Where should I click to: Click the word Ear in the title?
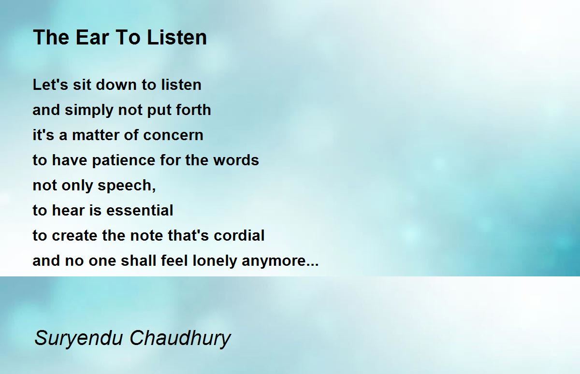click(92, 38)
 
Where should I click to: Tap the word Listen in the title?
click(177, 38)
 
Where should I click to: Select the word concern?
click(173, 135)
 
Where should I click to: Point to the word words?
click(236, 160)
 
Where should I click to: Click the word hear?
click(68, 210)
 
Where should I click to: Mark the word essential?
click(140, 210)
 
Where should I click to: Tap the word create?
click(75, 235)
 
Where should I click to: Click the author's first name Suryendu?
click(78, 338)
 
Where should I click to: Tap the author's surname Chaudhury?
click(180, 338)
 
